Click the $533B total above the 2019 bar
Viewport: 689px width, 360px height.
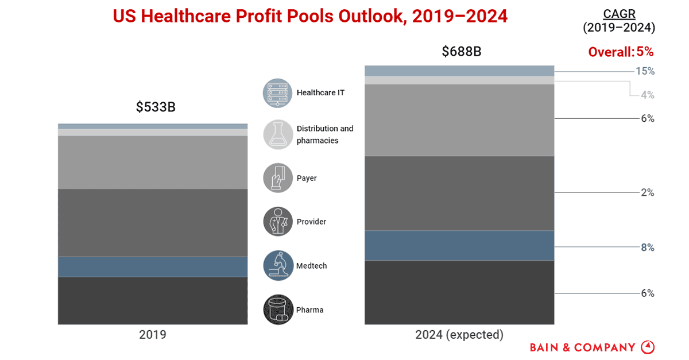point(156,107)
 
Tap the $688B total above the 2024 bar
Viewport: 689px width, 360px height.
point(461,51)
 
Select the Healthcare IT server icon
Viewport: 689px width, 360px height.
point(278,92)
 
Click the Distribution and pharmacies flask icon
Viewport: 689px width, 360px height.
point(278,134)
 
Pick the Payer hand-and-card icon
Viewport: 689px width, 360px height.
point(278,178)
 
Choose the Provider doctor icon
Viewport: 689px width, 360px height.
point(278,222)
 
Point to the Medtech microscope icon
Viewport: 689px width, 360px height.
point(278,266)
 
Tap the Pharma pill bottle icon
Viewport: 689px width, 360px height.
point(278,310)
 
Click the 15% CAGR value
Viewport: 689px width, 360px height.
point(645,71)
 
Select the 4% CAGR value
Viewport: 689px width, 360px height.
point(648,95)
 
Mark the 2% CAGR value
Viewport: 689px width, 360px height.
point(648,192)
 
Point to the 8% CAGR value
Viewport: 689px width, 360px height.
point(648,247)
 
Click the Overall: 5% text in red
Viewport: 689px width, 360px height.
point(621,52)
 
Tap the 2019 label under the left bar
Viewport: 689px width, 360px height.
point(153,335)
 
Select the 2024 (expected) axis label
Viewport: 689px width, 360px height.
point(459,335)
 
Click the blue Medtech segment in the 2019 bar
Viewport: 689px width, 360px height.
point(153,266)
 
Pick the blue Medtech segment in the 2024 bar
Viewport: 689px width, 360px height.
point(459,245)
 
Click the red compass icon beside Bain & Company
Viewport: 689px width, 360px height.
point(648,347)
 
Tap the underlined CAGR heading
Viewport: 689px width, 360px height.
point(619,14)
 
